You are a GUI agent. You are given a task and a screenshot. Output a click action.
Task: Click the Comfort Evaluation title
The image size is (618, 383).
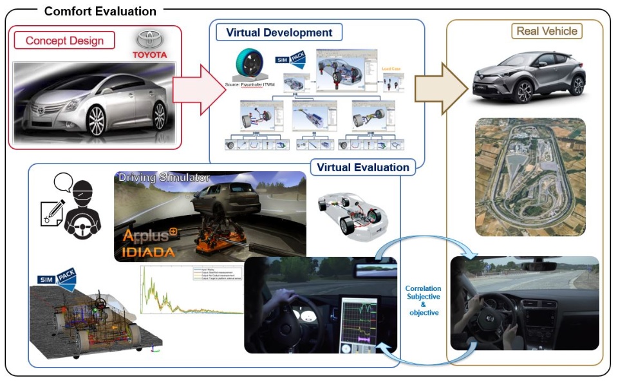(x=100, y=11)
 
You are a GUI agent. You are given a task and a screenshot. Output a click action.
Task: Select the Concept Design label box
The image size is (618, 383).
(x=64, y=41)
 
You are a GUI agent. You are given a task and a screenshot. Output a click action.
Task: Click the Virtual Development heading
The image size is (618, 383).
(x=279, y=32)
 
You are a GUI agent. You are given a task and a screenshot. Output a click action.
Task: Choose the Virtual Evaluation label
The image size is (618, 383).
(x=362, y=167)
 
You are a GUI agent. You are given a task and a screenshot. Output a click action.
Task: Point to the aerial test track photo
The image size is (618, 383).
(x=530, y=176)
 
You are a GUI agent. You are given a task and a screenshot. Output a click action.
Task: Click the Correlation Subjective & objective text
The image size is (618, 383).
(x=423, y=300)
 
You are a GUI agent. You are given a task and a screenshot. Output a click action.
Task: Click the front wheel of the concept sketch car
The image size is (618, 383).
(x=96, y=120)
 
